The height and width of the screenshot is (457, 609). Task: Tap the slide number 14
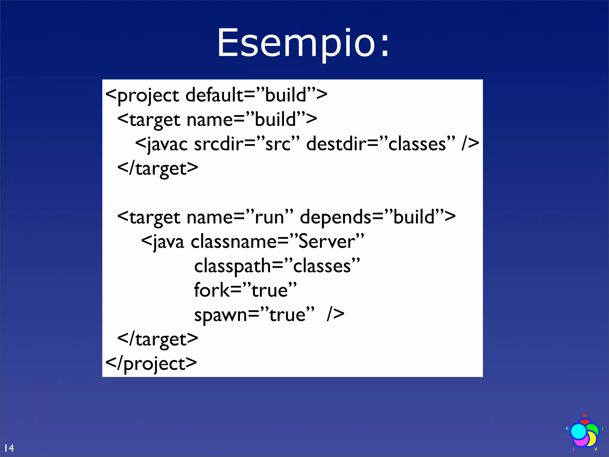pos(9,448)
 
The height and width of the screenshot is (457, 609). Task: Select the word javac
pos(167,144)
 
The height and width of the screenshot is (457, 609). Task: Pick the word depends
pos(335,217)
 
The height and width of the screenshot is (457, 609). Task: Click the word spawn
pos(220,315)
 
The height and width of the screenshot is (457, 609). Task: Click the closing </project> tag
pos(151,364)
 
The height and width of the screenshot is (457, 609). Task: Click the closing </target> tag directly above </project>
pos(158,339)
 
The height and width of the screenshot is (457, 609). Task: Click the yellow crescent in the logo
pos(593,439)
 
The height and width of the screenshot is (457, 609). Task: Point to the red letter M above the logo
pos(585,415)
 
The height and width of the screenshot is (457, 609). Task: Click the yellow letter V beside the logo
pos(596,449)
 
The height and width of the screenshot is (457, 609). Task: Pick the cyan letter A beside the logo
pos(567,428)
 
